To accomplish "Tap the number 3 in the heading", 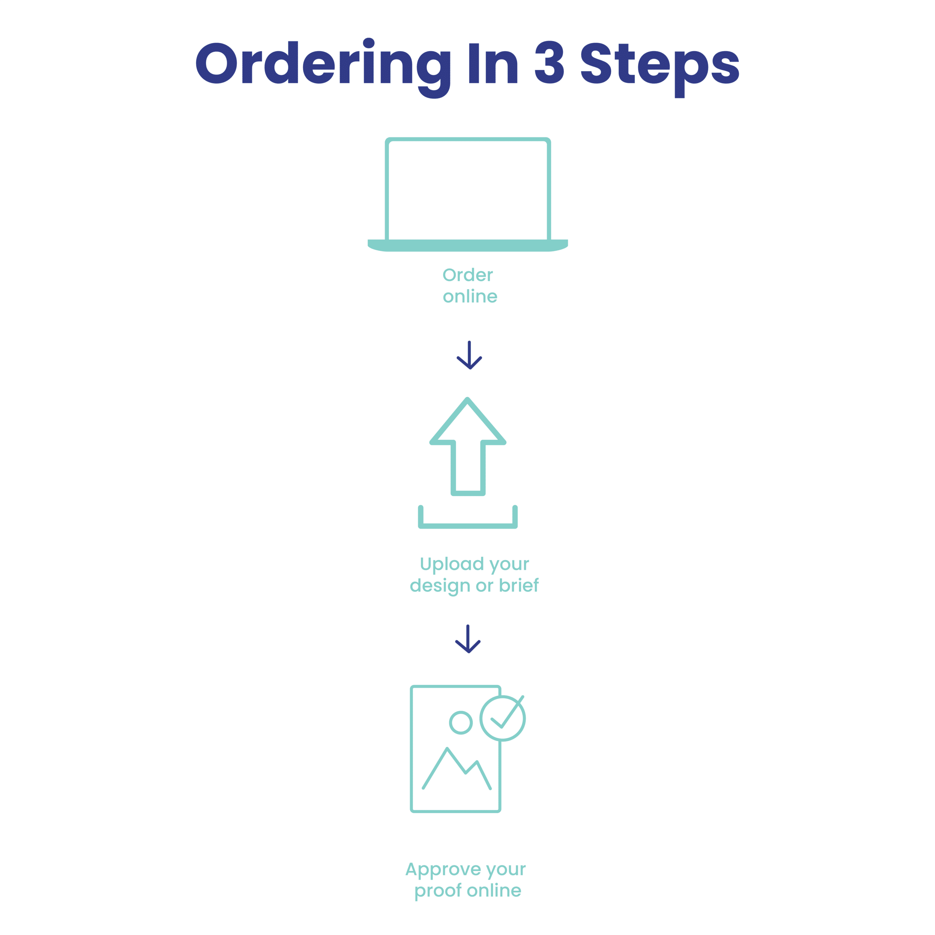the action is pos(549,62).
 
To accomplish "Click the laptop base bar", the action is pos(467,245).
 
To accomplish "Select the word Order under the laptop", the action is pos(467,275).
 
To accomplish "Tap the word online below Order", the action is pos(470,296).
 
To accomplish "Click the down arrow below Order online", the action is pos(469,355).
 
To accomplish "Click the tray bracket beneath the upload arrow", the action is pos(467,526).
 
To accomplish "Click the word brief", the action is pos(519,585).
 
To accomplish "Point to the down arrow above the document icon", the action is pos(468,639).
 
